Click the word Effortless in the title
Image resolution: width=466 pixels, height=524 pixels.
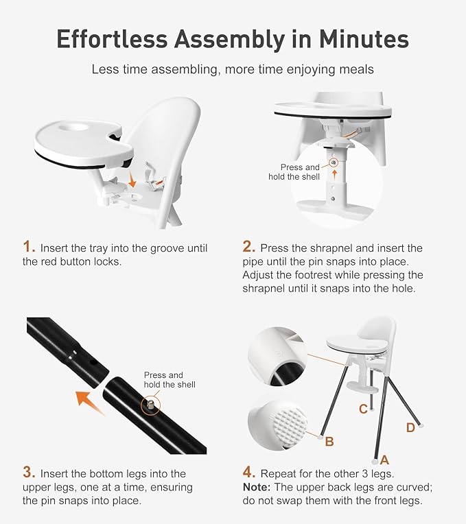(112, 39)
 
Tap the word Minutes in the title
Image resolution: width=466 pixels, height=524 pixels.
(363, 39)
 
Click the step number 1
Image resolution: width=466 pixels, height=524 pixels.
(29, 247)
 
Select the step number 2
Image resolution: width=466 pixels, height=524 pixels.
(249, 247)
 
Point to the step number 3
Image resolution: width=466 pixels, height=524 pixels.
(29, 472)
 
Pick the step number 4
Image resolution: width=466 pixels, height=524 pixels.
(249, 472)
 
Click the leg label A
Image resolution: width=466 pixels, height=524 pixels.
(384, 460)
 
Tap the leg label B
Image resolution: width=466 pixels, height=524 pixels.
(329, 441)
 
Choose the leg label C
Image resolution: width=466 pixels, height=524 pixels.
(363, 409)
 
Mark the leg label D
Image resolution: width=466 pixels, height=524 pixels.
(410, 427)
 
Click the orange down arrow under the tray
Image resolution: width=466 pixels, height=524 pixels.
(132, 181)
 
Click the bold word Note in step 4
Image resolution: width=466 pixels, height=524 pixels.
(257, 487)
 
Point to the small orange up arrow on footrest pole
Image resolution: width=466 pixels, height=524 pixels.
(335, 175)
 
